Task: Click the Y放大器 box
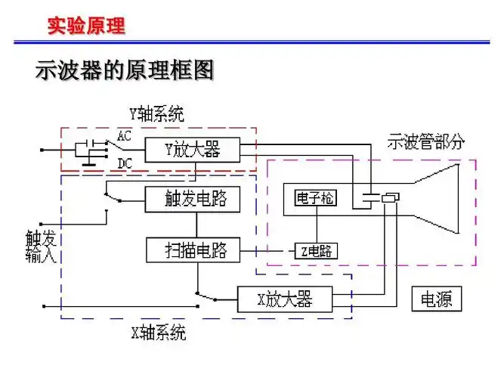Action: click(193, 150)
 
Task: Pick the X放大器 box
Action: click(285, 299)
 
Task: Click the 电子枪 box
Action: click(315, 198)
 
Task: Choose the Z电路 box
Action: click(315, 250)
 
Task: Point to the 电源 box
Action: click(436, 299)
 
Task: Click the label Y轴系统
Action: click(156, 115)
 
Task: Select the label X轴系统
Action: click(159, 333)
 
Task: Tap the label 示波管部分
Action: click(425, 141)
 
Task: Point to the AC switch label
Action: click(125, 135)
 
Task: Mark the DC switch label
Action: click(125, 163)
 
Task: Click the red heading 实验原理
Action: click(86, 26)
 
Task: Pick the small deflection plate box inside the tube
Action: click(390, 198)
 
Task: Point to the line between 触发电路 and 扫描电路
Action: click(196, 225)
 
